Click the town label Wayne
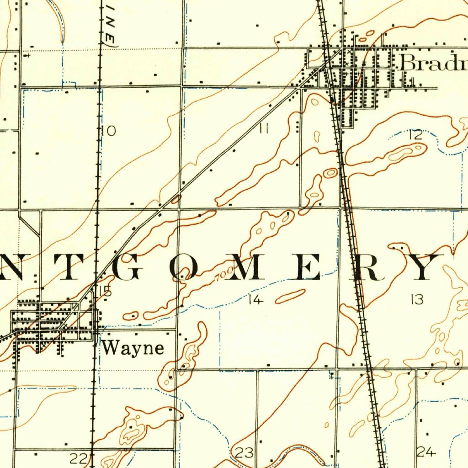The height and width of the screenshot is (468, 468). point(133,348)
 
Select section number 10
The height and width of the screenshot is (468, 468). point(109,131)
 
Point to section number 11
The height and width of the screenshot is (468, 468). point(263,129)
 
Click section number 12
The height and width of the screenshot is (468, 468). point(415,134)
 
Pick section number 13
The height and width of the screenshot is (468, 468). point(417,300)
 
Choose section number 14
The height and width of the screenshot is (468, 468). point(256,300)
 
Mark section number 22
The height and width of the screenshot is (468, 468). point(78,457)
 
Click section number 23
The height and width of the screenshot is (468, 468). point(244,453)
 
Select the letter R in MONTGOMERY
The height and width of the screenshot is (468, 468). point(369,267)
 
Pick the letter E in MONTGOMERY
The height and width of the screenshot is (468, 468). point(308,267)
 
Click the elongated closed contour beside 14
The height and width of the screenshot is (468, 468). point(290,296)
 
